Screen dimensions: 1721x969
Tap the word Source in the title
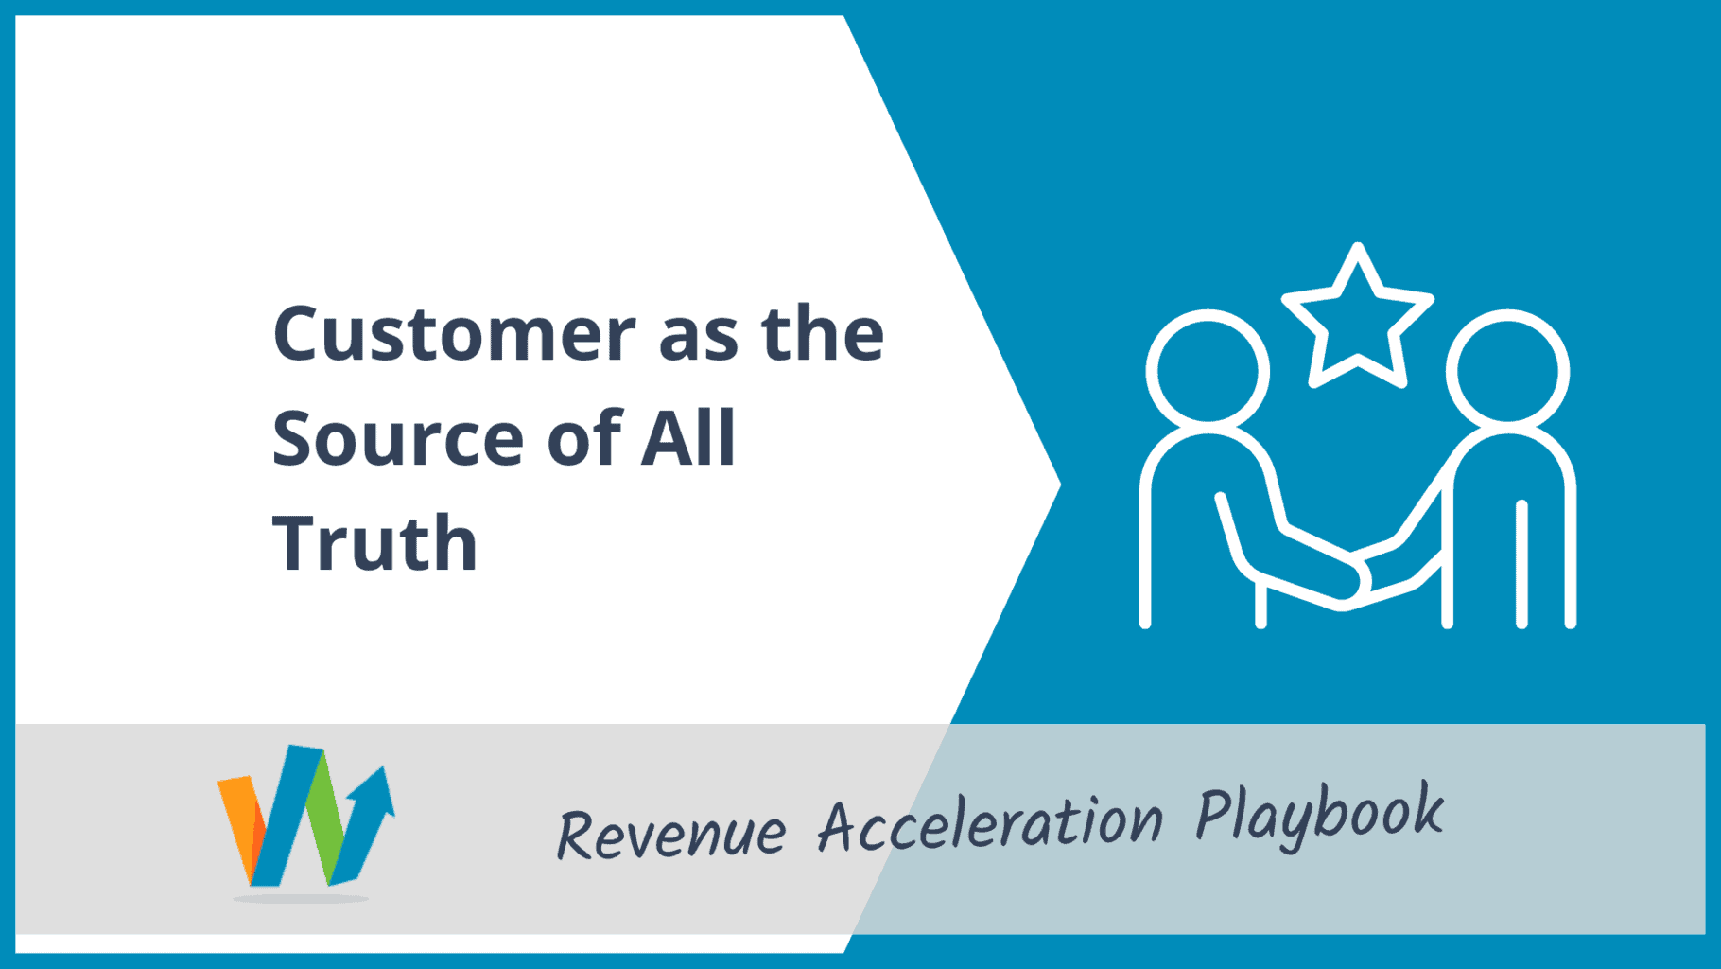(x=398, y=438)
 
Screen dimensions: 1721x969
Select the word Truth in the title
(x=375, y=543)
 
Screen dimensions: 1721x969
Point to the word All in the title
(x=687, y=437)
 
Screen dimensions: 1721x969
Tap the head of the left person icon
(x=1208, y=370)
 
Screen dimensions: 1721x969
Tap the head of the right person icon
(x=1507, y=370)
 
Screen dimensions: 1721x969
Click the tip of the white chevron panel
(x=1060, y=484)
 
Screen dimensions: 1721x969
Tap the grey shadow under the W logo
(x=301, y=897)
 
